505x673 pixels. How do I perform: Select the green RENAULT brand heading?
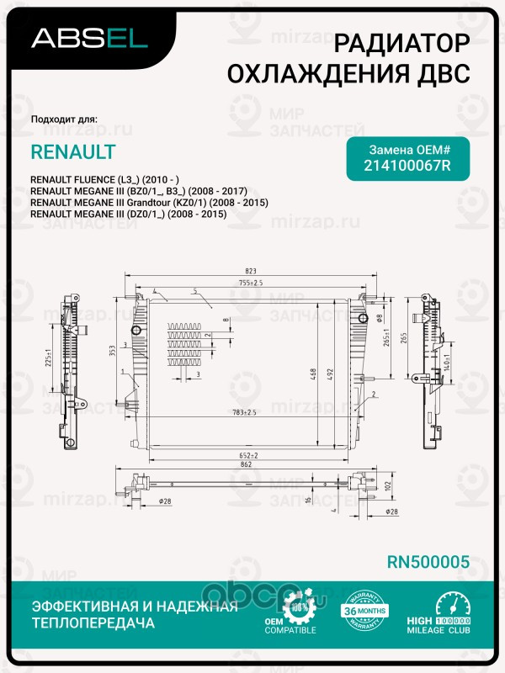(73, 152)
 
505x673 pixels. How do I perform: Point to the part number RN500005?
(427, 561)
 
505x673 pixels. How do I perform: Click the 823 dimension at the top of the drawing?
(250, 271)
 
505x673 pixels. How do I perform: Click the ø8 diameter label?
(380, 319)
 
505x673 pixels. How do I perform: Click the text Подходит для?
(64, 119)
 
